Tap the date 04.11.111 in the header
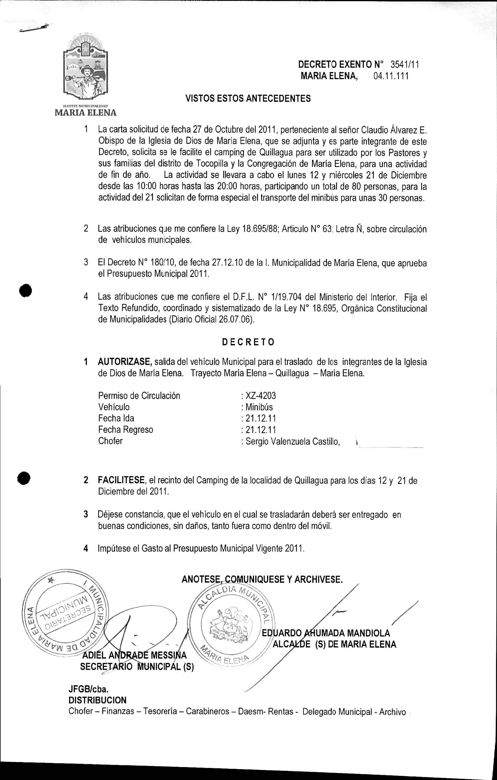391,76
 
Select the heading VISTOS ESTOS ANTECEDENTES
248,98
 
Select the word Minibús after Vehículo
259,407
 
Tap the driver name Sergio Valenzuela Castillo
293,441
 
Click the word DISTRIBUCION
97,700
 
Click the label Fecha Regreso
125,430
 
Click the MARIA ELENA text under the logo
86,113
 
